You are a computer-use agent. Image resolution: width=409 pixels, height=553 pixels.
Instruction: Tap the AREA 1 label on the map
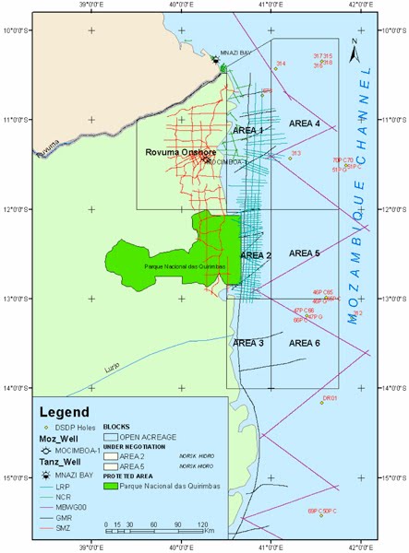point(247,131)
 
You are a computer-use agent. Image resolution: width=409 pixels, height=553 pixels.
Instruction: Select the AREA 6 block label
point(304,343)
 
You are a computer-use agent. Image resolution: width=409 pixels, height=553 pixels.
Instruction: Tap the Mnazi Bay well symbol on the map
point(216,61)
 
